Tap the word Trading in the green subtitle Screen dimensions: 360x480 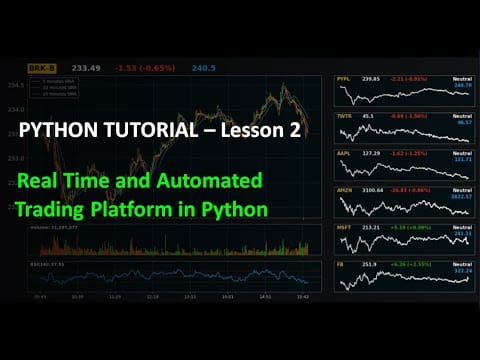(56, 210)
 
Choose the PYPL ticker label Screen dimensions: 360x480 (344, 78)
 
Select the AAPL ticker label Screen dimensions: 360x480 (344, 154)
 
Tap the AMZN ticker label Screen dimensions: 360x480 (344, 190)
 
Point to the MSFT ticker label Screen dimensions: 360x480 (344, 227)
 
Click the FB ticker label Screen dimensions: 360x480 (342, 264)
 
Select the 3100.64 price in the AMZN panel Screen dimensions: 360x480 (372, 190)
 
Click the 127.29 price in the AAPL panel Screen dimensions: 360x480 (370, 154)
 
